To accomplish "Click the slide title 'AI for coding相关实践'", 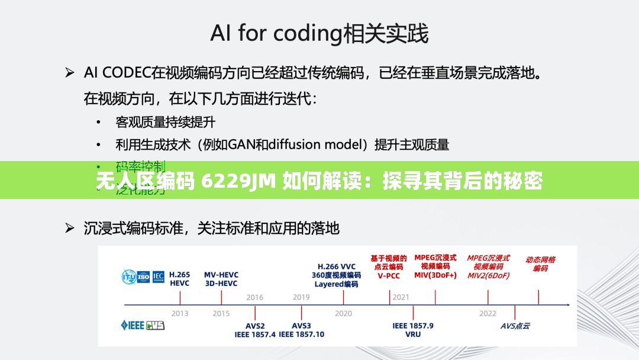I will pyautogui.click(x=319, y=34).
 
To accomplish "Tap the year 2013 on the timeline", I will pyautogui.click(x=180, y=313).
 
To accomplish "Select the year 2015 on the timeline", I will pyautogui.click(x=221, y=313).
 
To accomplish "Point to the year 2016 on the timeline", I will pyautogui.click(x=255, y=297).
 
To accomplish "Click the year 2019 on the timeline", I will pyautogui.click(x=301, y=297).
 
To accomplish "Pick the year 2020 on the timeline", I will pyautogui.click(x=343, y=313).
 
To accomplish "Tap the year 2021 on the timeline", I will pyautogui.click(x=401, y=297).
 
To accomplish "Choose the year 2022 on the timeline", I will pyautogui.click(x=488, y=313).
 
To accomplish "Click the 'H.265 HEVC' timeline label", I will pyautogui.click(x=180, y=279).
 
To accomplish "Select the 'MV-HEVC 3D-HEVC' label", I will pyautogui.click(x=221, y=279).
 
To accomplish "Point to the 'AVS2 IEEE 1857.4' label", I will pyautogui.click(x=255, y=330).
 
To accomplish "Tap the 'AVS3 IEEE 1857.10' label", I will pyautogui.click(x=302, y=330).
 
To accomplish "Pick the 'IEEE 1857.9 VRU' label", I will pyautogui.click(x=413, y=330).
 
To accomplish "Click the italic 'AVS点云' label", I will pyautogui.click(x=515, y=326).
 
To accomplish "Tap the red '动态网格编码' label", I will pyautogui.click(x=540, y=263).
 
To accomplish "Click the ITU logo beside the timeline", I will pyautogui.click(x=129, y=276).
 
